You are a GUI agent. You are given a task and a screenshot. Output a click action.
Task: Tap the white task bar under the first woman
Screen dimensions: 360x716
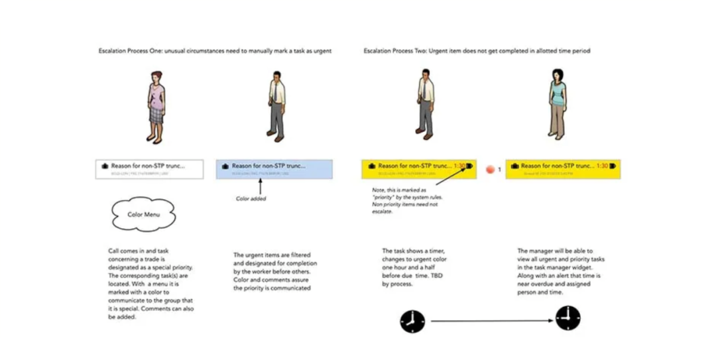pyautogui.click(x=141, y=168)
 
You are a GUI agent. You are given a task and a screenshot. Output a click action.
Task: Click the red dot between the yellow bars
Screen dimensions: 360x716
pyautogui.click(x=491, y=170)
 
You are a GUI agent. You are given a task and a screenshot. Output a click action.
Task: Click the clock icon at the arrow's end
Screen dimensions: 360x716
pyautogui.click(x=568, y=318)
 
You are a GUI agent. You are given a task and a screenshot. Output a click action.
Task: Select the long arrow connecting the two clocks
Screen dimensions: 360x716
pyautogui.click(x=491, y=321)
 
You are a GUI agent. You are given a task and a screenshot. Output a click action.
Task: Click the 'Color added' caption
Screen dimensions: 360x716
pyautogui.click(x=252, y=198)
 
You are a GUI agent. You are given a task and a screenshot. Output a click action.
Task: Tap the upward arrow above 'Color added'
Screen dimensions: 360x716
pyautogui.click(x=269, y=186)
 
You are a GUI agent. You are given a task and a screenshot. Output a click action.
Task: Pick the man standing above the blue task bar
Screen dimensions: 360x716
pyautogui.click(x=276, y=104)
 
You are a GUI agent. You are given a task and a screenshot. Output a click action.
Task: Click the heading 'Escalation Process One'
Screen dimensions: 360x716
pyautogui.click(x=214, y=51)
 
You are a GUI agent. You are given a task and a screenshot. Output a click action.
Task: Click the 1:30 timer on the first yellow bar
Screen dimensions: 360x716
pyautogui.click(x=459, y=166)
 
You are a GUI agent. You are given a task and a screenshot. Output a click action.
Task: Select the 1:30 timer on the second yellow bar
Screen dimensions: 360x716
pyautogui.click(x=602, y=166)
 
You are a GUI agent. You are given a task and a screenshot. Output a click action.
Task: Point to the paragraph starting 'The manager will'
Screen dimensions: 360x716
pyautogui.click(x=556, y=272)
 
